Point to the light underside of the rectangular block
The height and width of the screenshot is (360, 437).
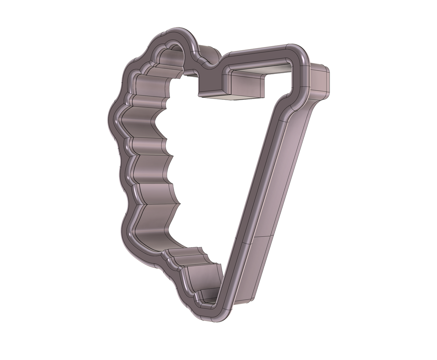point(233,98)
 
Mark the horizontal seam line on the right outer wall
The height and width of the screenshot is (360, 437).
point(262,236)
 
